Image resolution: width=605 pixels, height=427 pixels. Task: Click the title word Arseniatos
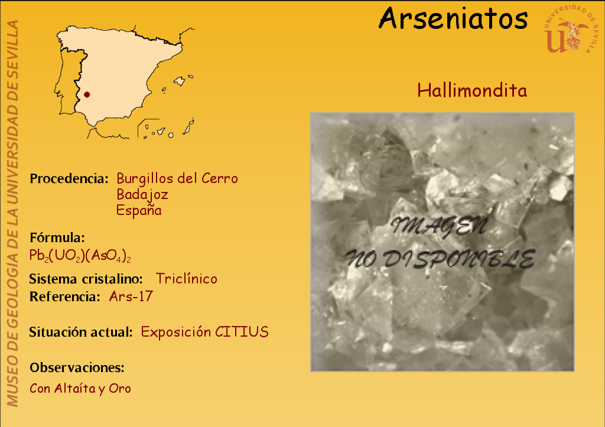[453, 18]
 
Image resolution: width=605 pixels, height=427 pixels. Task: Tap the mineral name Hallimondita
[472, 90]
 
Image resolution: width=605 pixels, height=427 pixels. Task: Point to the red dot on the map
[87, 94]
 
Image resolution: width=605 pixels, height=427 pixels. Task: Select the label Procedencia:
[69, 178]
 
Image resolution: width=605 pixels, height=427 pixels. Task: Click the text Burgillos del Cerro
[177, 178]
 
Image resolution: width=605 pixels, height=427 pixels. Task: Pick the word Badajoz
[142, 194]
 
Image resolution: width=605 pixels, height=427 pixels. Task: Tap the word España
[139, 210]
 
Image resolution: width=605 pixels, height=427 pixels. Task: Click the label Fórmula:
[57, 237]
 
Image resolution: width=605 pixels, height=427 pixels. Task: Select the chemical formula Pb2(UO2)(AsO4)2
[80, 256]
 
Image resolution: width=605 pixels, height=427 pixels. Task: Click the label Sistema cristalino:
[86, 279]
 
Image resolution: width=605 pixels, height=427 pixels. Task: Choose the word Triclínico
[186, 279]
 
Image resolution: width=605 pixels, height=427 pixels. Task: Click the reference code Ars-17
[131, 296]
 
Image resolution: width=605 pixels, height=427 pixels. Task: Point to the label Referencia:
[65, 296]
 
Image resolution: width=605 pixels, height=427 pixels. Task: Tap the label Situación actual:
[81, 332]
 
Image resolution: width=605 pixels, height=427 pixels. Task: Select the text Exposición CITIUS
[204, 332]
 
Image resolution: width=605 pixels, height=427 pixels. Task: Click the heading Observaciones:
[77, 367]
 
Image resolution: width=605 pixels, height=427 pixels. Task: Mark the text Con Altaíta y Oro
[80, 389]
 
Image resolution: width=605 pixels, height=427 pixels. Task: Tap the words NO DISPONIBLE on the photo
[440, 259]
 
